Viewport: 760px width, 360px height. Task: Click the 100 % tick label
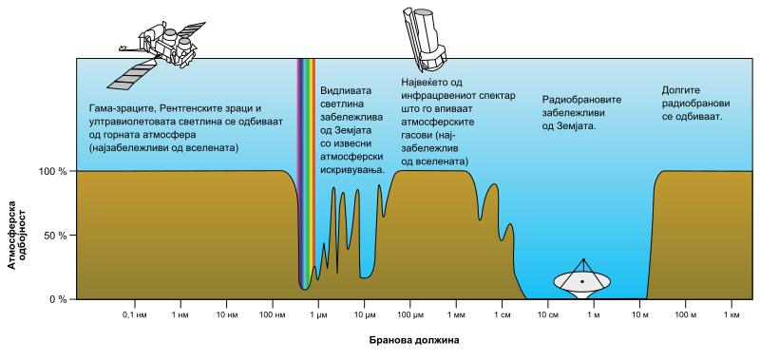coord(52,172)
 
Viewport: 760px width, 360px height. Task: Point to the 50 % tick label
coord(54,236)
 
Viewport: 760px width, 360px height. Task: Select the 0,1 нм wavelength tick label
coord(134,316)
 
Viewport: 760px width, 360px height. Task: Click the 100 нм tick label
coord(273,316)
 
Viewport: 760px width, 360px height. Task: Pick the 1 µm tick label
coord(318,316)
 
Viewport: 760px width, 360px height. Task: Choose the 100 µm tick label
coord(410,316)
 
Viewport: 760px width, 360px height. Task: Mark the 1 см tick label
coord(502,316)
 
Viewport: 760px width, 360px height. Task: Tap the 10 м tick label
coord(639,316)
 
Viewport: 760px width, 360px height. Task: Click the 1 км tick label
coord(731,316)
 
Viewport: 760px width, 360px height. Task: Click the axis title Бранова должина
coord(414,340)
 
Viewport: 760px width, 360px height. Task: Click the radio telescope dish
coord(582,280)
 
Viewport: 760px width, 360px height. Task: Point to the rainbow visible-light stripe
coord(305,175)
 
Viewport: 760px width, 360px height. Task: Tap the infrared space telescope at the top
coord(424,38)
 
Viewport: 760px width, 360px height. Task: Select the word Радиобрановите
coord(582,101)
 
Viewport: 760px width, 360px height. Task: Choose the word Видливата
coord(346,91)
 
